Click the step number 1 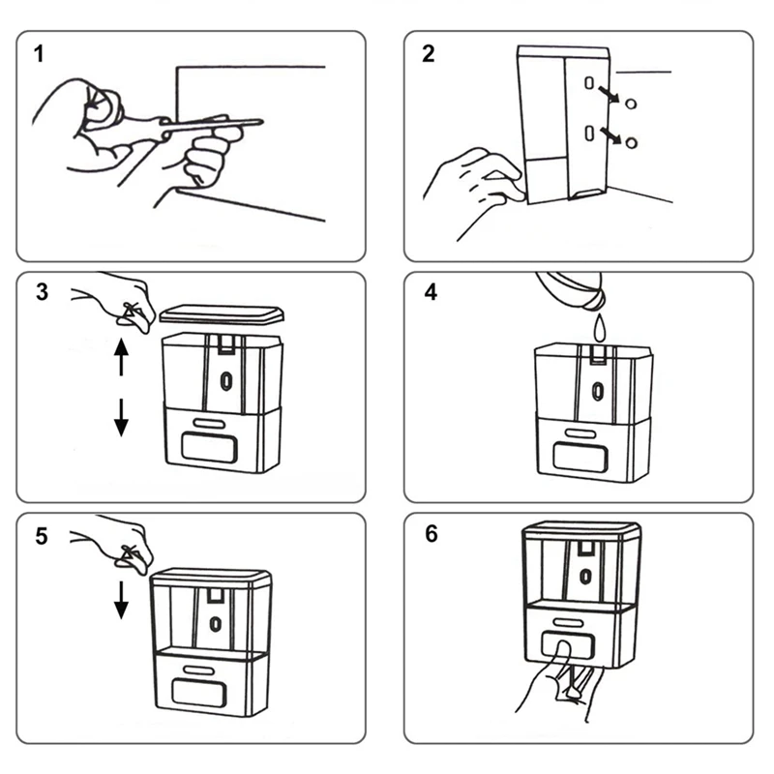pyautogui.click(x=39, y=54)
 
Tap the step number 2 pyautogui.click(x=428, y=54)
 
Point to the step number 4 pyautogui.click(x=428, y=293)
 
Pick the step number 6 pyautogui.click(x=428, y=535)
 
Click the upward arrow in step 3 pyautogui.click(x=121, y=355)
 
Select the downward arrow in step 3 pyautogui.click(x=121, y=416)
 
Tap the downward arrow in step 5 pyautogui.click(x=121, y=598)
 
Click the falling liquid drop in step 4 pyautogui.click(x=599, y=328)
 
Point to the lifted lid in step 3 pyautogui.click(x=223, y=314)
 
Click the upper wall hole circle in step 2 pyautogui.click(x=632, y=103)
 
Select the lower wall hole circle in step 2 pyautogui.click(x=632, y=143)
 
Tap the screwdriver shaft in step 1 pyautogui.click(x=218, y=124)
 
